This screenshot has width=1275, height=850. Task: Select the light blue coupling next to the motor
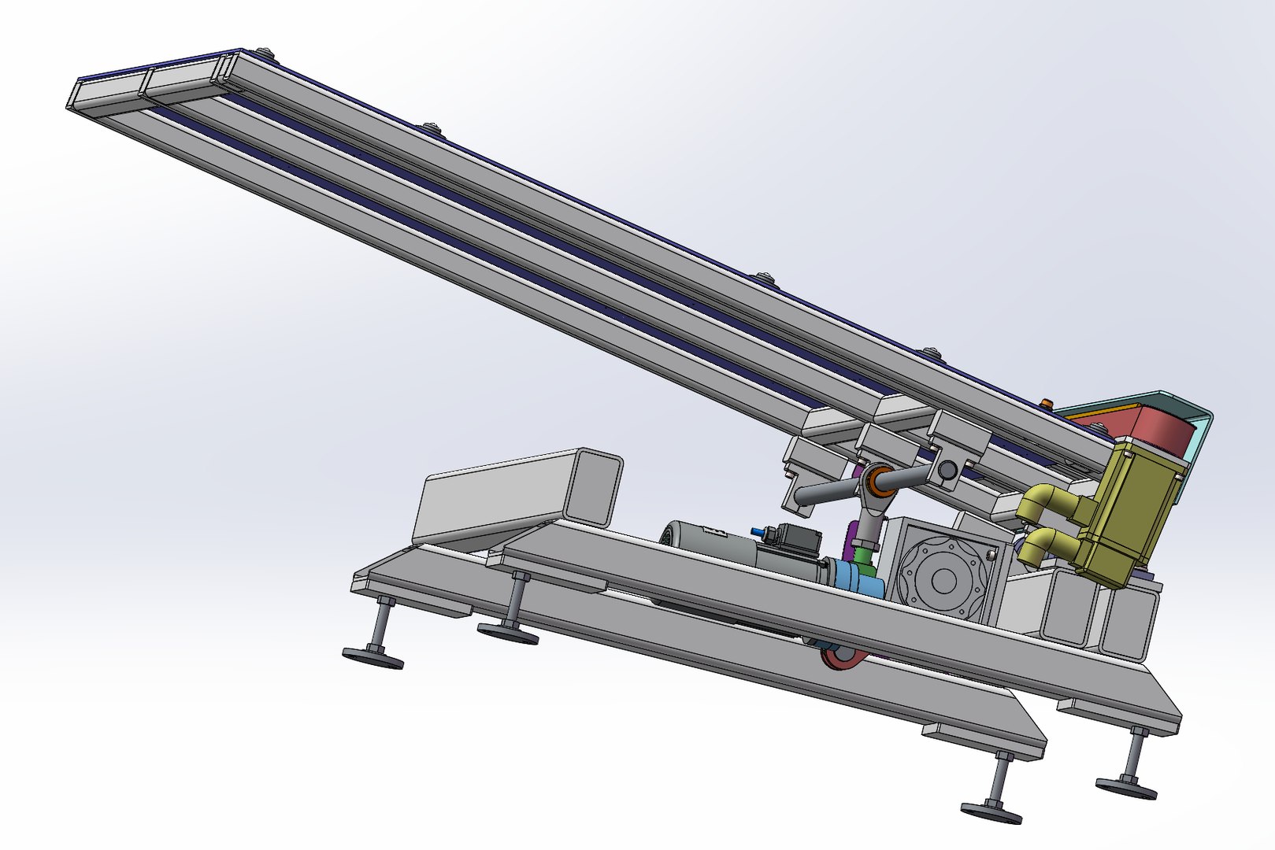coord(862,582)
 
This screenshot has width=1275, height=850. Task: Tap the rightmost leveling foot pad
coord(1126,786)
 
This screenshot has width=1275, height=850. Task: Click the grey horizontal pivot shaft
coord(827,491)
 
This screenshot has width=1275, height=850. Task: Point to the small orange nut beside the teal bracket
coord(1046,404)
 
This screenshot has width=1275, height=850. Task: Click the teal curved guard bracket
coord(1197,441)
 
